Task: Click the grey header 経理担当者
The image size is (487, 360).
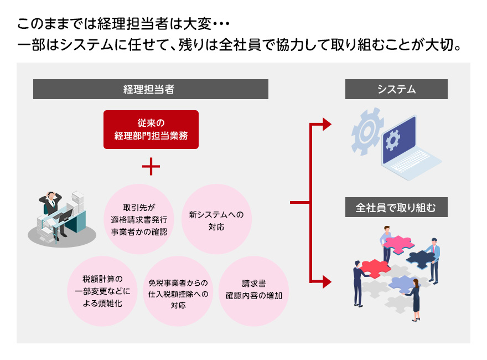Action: coord(151,89)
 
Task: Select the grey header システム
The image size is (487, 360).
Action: coord(396,89)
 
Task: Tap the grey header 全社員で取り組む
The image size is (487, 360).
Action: coord(396,208)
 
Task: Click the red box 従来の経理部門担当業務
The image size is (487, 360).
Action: coord(151,130)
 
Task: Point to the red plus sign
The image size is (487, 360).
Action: coord(151,166)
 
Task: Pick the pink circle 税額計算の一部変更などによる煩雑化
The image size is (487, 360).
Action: coord(102,291)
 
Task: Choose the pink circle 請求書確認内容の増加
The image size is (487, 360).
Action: coord(254,291)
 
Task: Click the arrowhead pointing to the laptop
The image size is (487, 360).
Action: coord(327,124)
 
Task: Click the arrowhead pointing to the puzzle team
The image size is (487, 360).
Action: coord(327,281)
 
